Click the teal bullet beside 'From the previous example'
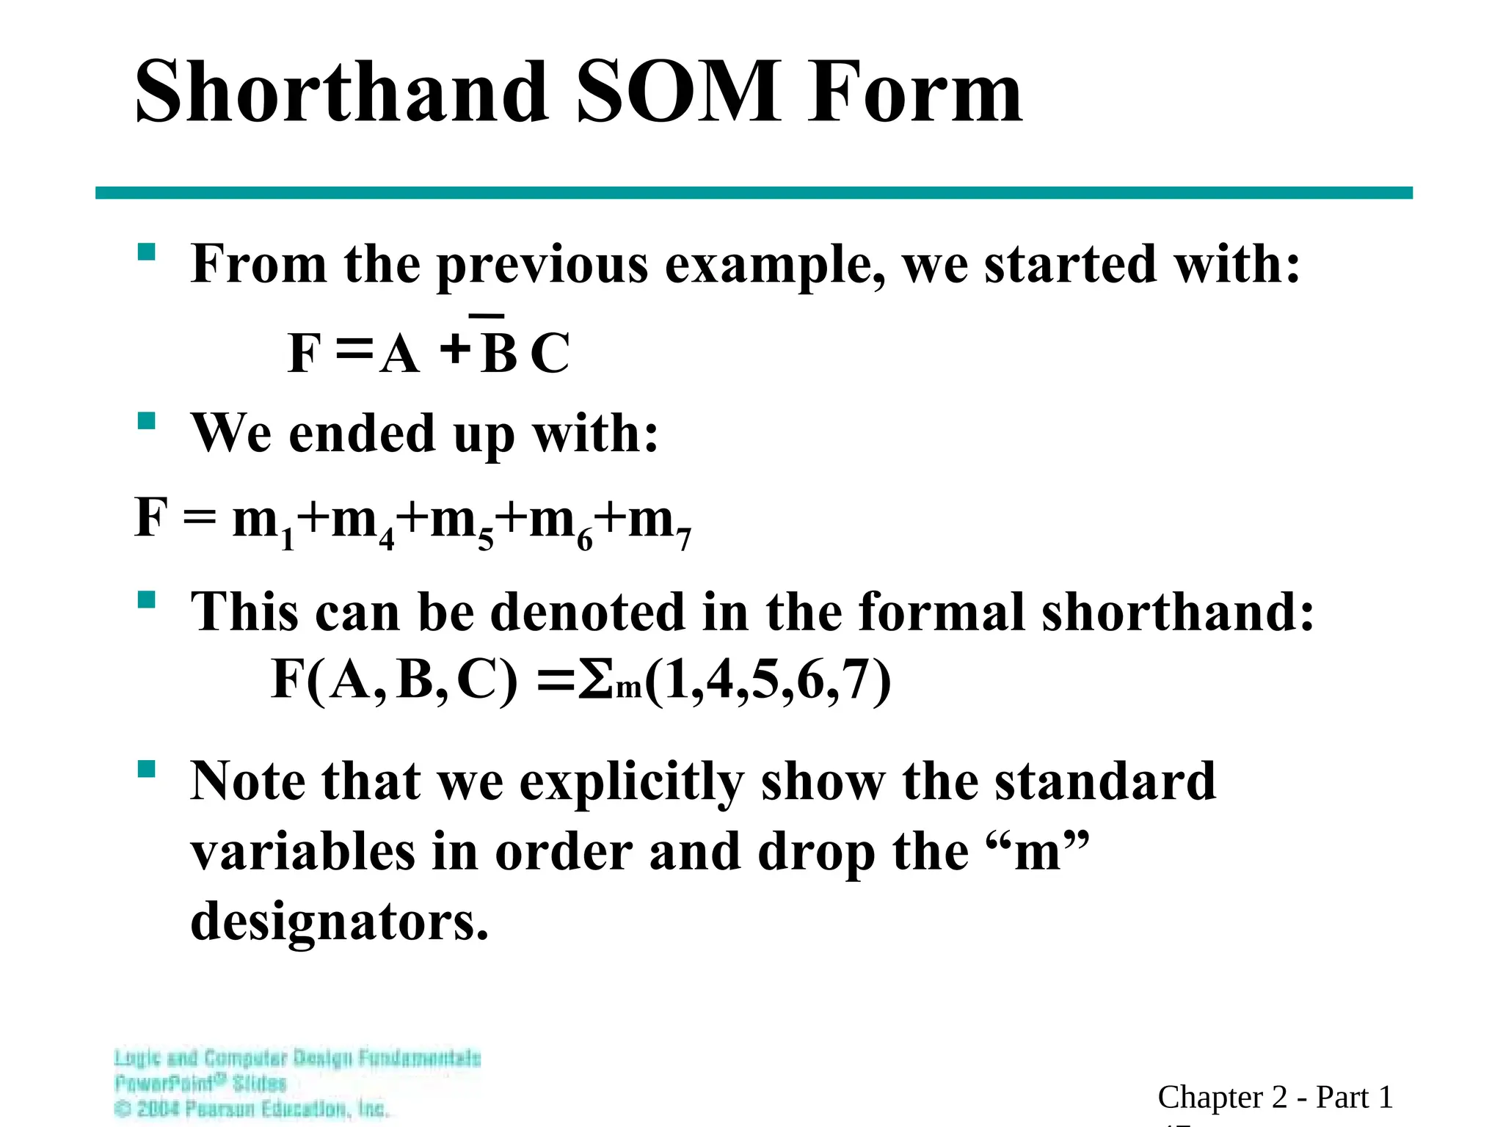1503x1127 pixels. (x=147, y=252)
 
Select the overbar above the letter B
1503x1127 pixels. (x=487, y=316)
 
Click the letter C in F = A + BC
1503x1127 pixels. (x=550, y=354)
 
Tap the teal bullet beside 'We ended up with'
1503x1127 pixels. (x=147, y=420)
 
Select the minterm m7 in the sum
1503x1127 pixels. (x=659, y=522)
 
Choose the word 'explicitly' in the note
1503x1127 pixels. (x=631, y=782)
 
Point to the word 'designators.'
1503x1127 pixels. (x=339, y=921)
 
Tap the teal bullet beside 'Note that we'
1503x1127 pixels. (x=147, y=769)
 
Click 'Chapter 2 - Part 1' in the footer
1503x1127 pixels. (x=1275, y=1097)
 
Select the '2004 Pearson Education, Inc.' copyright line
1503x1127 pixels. (x=252, y=1108)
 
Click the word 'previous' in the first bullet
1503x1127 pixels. (x=542, y=264)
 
